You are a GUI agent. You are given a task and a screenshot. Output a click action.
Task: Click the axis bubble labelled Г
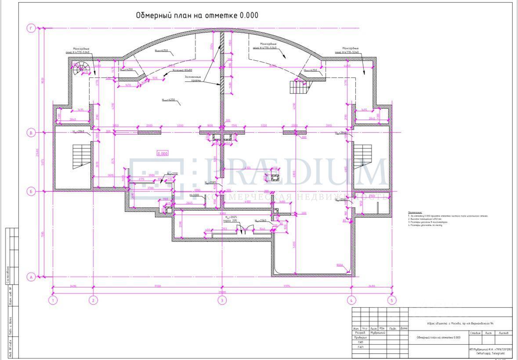click(31, 29)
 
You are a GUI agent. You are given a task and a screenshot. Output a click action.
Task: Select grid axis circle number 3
click(222, 301)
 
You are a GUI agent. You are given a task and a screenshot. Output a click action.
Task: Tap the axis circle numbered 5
click(392, 301)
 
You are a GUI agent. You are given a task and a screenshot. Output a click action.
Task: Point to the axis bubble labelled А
click(31, 277)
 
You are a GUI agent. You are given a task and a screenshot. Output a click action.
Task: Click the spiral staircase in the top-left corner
click(82, 69)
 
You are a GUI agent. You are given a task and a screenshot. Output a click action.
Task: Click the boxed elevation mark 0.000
click(163, 153)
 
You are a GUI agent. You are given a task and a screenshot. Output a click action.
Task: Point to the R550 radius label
click(340, 265)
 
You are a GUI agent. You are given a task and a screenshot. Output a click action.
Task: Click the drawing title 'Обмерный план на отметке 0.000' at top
click(197, 15)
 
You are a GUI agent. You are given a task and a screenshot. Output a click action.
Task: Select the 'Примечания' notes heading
click(415, 212)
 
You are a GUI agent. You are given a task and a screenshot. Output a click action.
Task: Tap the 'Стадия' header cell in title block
click(475, 333)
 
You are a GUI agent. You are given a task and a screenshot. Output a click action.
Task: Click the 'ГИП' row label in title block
click(360, 342)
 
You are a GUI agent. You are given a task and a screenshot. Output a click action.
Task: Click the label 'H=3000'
click(194, 195)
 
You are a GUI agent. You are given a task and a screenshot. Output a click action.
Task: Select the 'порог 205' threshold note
click(231, 221)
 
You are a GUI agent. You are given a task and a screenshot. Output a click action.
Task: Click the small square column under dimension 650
click(275, 178)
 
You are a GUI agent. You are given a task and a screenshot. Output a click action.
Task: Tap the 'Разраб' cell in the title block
click(360, 333)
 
